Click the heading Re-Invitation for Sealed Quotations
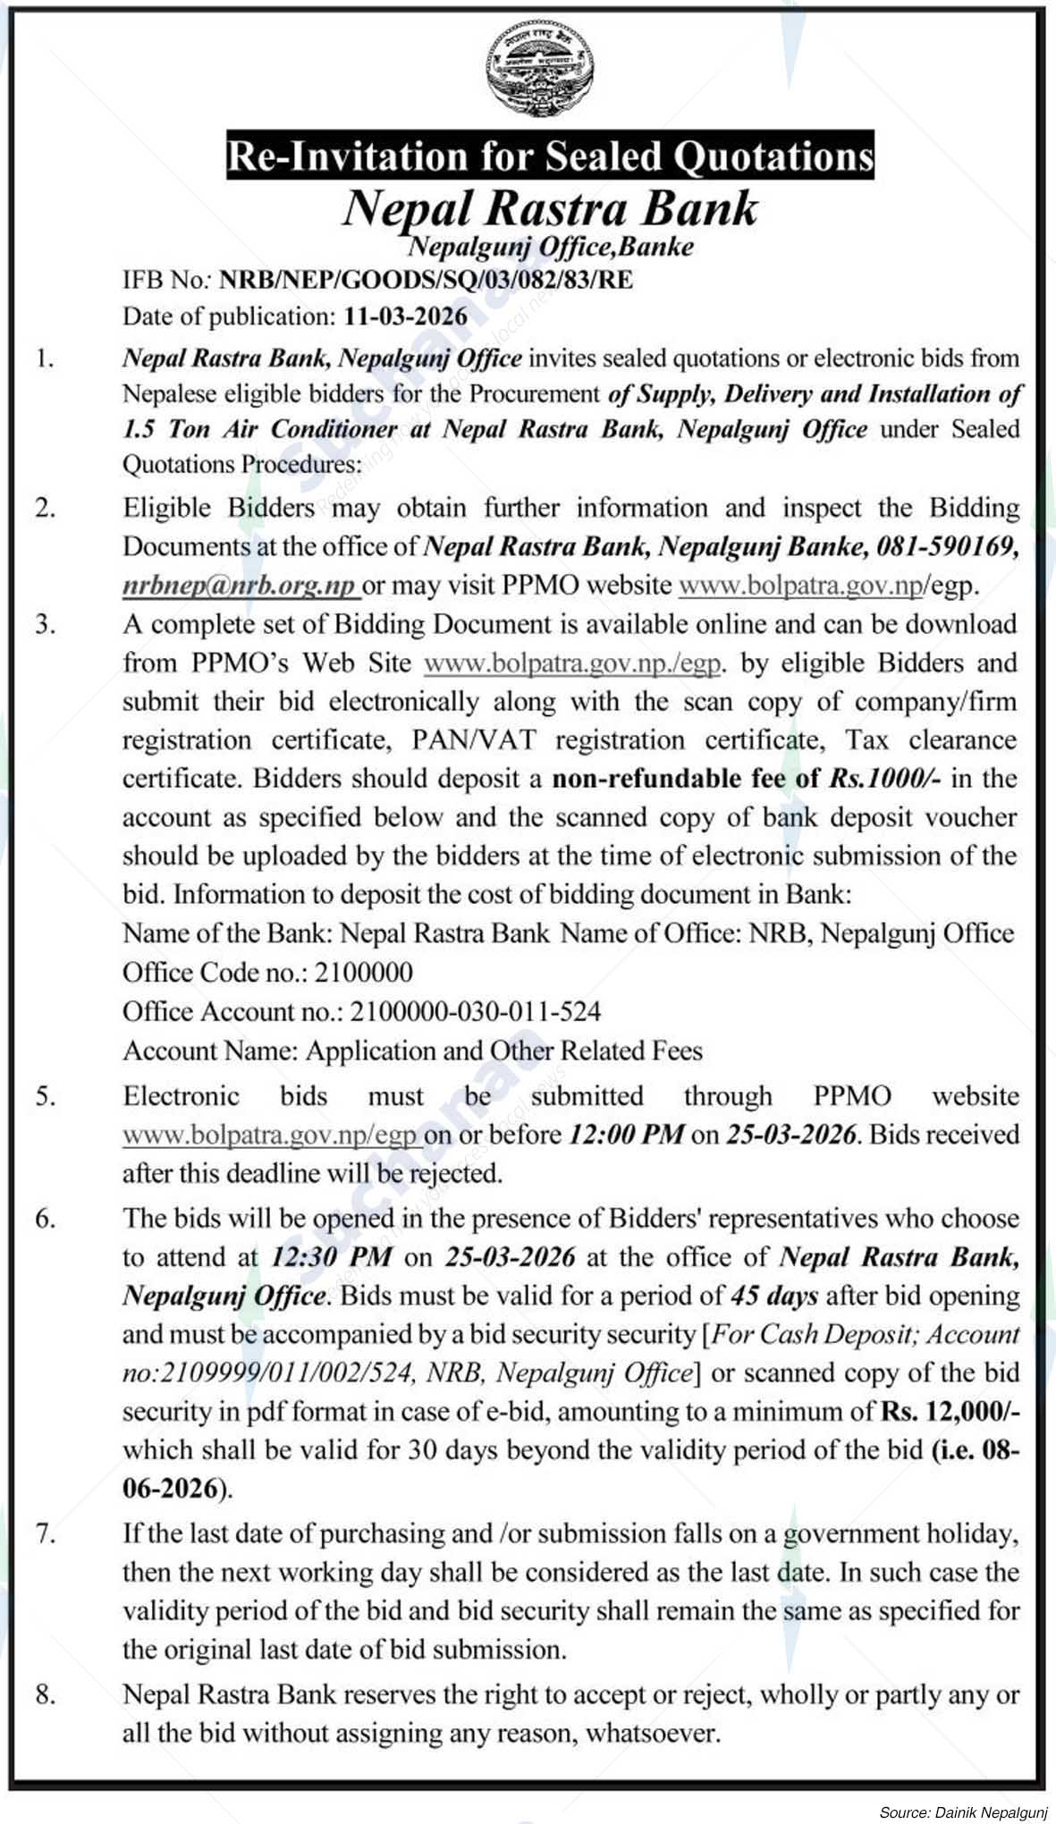(x=549, y=156)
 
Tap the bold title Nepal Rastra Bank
(x=550, y=207)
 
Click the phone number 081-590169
(x=949, y=545)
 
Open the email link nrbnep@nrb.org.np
(x=240, y=585)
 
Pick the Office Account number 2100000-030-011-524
(x=475, y=1011)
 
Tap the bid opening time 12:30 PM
(x=331, y=1257)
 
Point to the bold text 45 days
(x=773, y=1296)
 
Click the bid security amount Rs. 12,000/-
(x=950, y=1412)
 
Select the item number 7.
(x=46, y=1534)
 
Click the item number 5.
(x=46, y=1096)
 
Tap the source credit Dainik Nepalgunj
(x=993, y=1812)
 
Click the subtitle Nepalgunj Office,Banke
(x=551, y=246)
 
